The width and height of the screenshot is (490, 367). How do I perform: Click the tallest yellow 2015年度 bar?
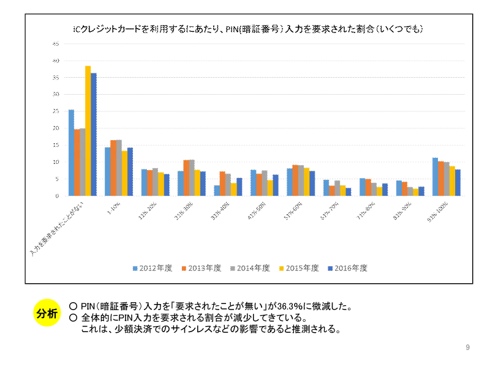88,131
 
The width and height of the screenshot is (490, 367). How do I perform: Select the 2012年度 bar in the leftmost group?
71,153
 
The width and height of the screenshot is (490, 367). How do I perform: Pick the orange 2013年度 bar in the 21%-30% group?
186,178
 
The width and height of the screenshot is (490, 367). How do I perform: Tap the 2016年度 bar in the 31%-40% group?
239,187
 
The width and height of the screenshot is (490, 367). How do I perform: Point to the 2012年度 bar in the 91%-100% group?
435,177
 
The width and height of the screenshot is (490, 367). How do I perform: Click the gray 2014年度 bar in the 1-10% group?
119,168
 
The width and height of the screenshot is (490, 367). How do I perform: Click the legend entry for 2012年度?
153,268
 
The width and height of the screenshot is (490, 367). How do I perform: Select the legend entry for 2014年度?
250,268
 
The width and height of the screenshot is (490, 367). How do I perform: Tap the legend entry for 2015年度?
299,268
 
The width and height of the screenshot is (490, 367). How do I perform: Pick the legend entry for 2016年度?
347,268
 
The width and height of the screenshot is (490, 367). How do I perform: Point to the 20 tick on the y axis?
56,128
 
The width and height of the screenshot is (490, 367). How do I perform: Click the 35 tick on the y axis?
56,78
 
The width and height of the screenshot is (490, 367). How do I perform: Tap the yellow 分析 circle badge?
47,314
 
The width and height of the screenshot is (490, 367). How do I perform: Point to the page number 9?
467,348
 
